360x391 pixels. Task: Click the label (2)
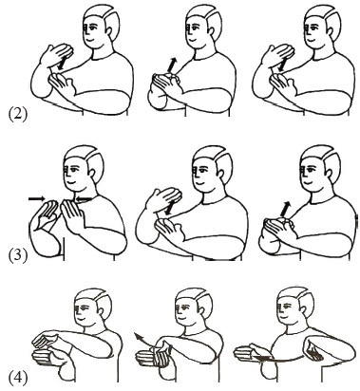pos(18,115)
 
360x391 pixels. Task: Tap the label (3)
pos(18,255)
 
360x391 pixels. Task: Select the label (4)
pos(18,379)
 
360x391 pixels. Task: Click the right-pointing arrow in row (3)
pos(37,198)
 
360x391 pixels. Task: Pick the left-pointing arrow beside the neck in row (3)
pos(84,198)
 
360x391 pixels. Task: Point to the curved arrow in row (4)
pos(143,340)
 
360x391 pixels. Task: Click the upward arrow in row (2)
pos(171,65)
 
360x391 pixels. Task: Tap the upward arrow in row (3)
pos(285,209)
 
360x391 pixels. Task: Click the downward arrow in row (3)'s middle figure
pos(171,207)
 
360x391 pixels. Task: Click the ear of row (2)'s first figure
pos(108,30)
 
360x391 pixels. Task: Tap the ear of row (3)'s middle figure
pos(220,174)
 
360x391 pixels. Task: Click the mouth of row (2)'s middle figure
pos(192,39)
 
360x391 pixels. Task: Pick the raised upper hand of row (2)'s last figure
pos(278,53)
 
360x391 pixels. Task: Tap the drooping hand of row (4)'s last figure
pos(313,349)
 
